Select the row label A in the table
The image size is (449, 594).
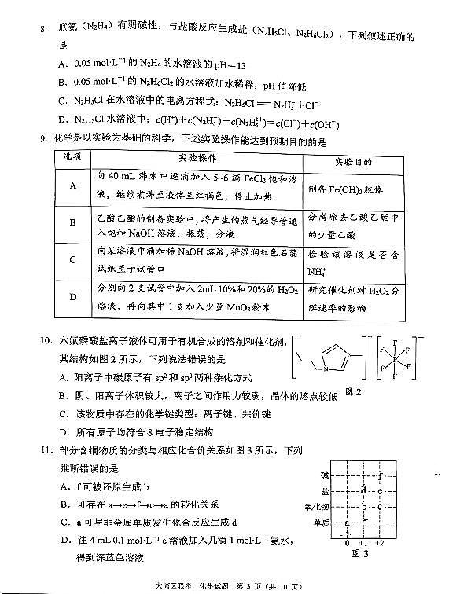tap(72, 185)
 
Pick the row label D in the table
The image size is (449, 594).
tap(72, 297)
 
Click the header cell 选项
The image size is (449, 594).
tap(72, 159)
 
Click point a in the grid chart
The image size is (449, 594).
tap(348, 524)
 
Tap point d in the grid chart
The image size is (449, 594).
tap(363, 490)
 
